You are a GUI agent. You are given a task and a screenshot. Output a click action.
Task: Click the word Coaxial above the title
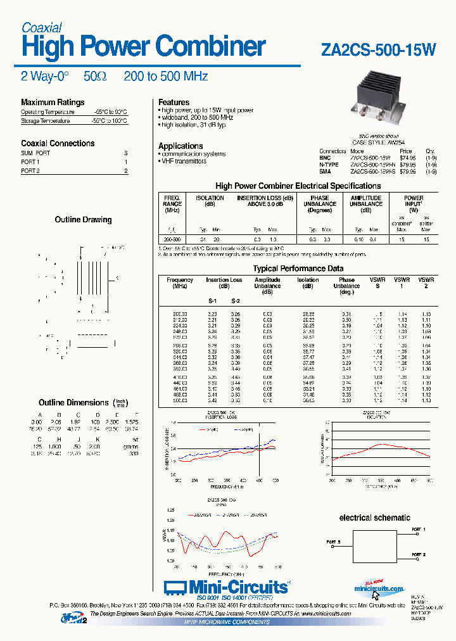point(42,28)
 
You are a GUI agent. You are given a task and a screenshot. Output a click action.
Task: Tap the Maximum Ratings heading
point(53,102)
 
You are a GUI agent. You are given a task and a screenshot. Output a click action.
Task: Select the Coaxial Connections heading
point(58,143)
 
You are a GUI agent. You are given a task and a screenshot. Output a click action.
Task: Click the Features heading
point(174,102)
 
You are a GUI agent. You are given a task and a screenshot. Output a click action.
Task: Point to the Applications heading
point(180,146)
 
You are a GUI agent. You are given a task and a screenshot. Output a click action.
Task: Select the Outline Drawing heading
point(84,220)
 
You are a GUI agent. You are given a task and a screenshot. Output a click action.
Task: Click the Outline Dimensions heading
point(73,402)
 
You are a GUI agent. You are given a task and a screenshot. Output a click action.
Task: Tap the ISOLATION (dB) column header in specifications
point(209,201)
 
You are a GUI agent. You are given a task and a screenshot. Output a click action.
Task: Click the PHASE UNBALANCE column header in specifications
point(320,204)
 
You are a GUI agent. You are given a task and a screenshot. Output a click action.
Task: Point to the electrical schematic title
point(374,517)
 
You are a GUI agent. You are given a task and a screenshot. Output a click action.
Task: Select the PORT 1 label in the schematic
point(419,528)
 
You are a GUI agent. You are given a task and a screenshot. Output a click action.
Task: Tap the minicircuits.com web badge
point(378,588)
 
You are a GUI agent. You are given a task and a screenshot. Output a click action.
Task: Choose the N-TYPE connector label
point(329,165)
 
